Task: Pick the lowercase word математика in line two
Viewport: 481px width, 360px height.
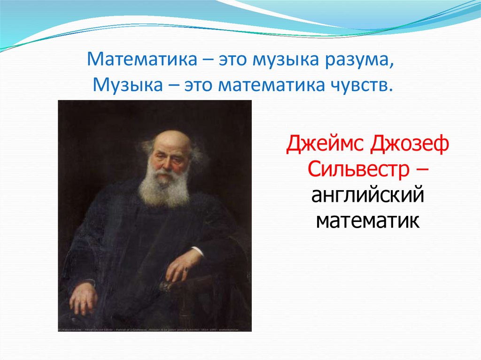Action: coord(272,85)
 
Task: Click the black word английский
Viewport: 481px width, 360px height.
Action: coord(366,194)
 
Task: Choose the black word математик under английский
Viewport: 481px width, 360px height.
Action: coord(366,219)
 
